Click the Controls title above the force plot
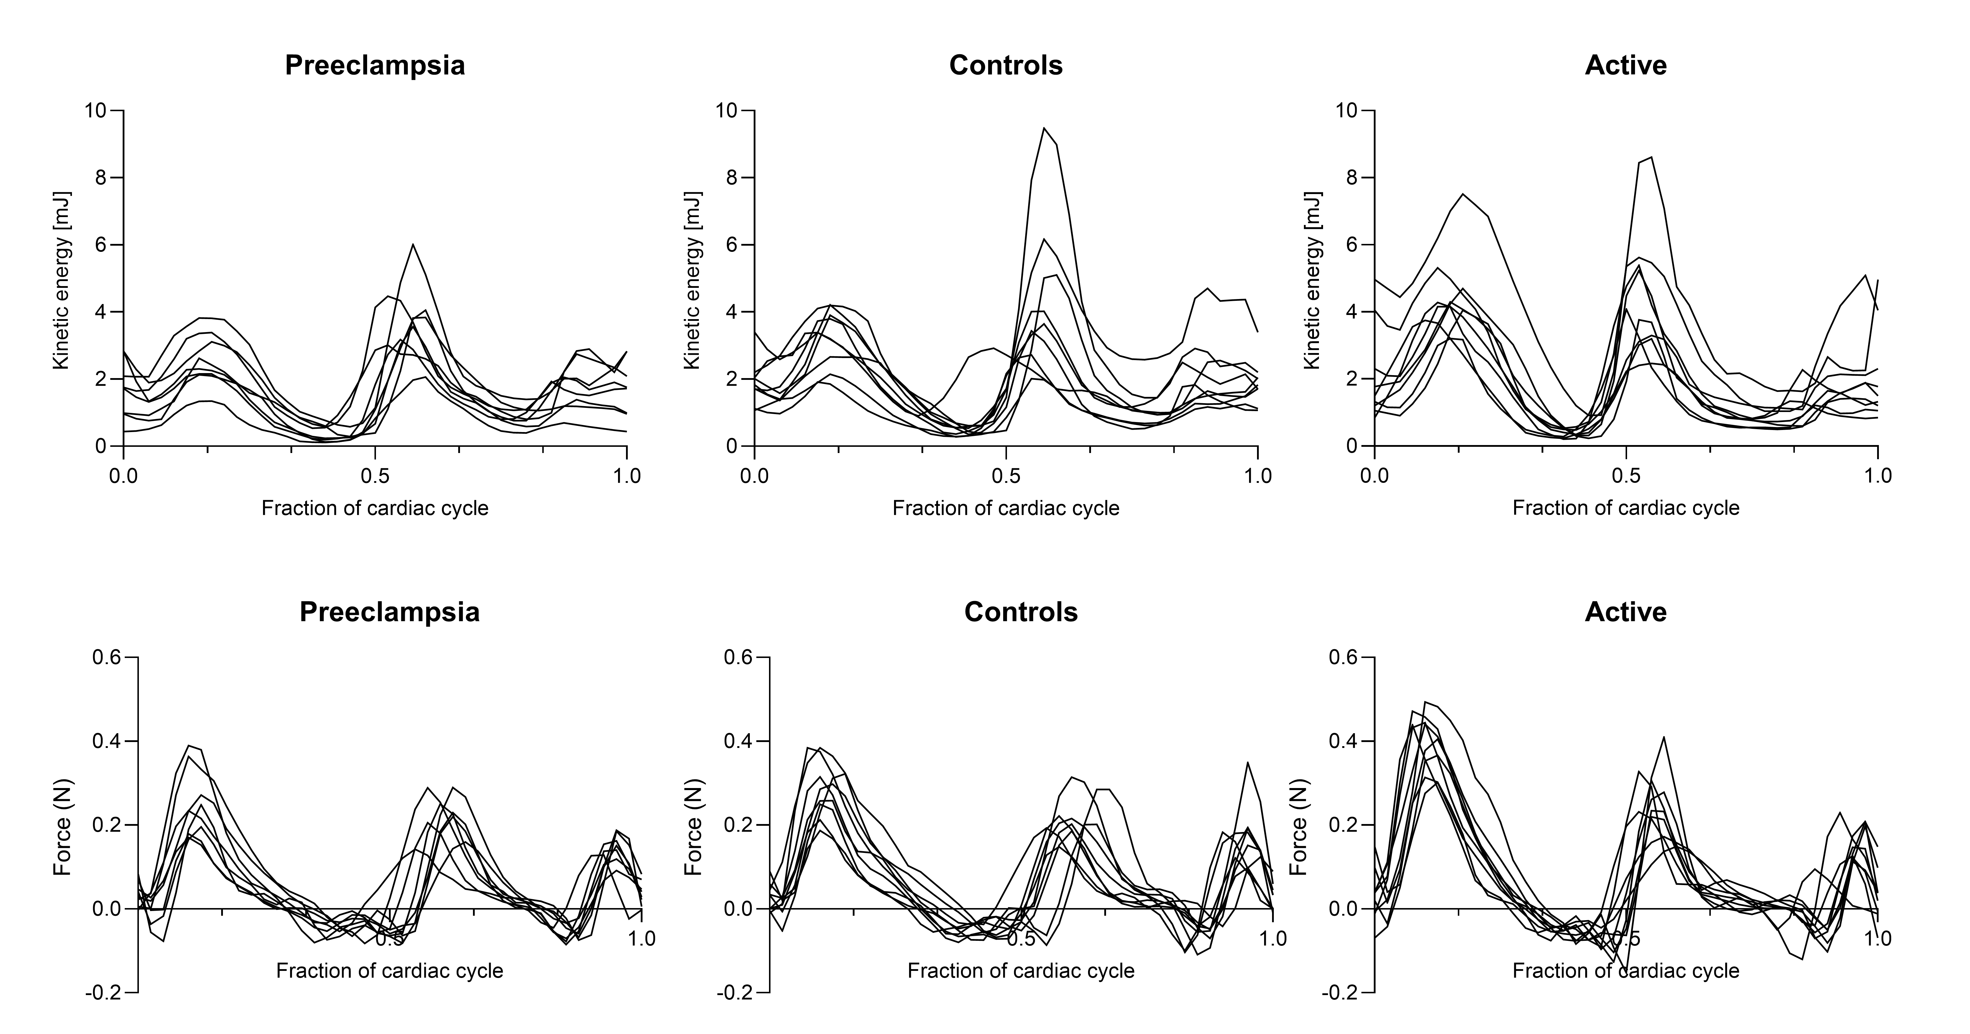(1021, 612)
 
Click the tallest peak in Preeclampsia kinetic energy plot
(413, 245)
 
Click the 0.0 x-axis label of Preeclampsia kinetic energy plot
(123, 476)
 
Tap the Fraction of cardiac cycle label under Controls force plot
(1021, 971)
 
